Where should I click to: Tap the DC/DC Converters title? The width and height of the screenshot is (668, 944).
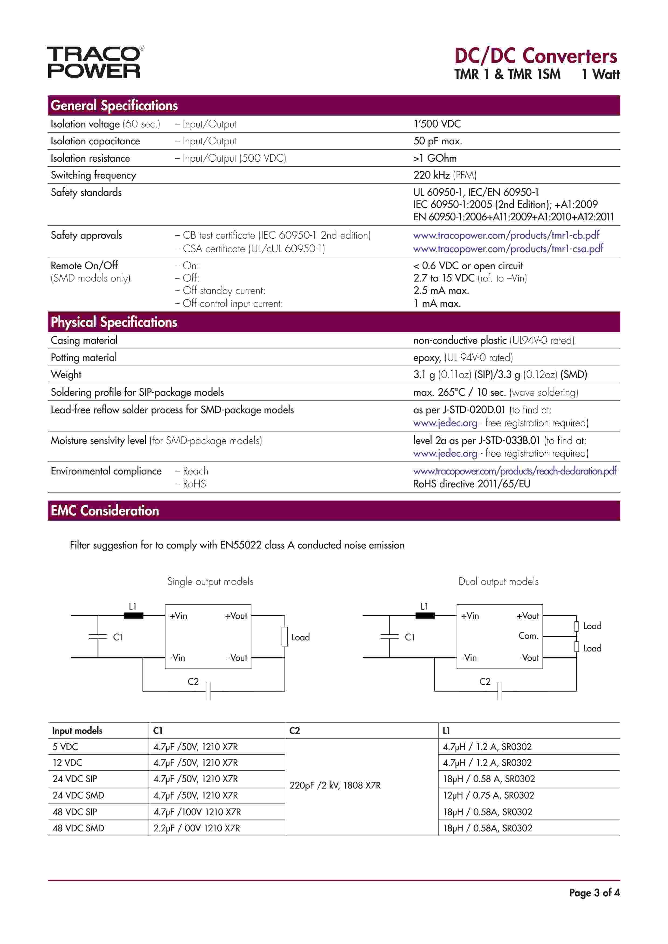[535, 56]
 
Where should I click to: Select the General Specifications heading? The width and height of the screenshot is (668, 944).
[114, 106]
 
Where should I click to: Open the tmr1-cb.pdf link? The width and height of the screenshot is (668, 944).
[506, 235]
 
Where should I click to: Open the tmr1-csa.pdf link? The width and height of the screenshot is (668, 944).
[508, 249]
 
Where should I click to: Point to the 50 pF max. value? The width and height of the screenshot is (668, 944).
[438, 141]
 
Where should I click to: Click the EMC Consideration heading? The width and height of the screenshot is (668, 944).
[105, 511]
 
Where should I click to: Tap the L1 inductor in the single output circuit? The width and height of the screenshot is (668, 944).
[134, 616]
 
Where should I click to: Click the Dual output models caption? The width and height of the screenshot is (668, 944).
[498, 581]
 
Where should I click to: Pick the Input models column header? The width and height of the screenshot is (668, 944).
[77, 731]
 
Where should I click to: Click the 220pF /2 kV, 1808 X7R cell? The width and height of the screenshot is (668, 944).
[335, 785]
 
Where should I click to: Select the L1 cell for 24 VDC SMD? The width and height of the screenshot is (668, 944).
[488, 795]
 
